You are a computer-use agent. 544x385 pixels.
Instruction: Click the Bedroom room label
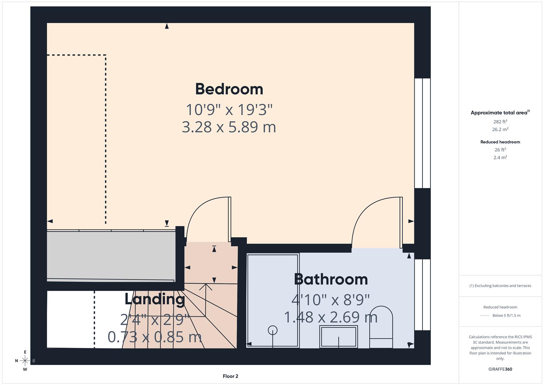(229, 89)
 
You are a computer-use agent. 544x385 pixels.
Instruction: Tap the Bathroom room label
(331, 279)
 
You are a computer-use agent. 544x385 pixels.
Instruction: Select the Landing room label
(155, 299)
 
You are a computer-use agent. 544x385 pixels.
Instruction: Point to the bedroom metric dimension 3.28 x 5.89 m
(229, 127)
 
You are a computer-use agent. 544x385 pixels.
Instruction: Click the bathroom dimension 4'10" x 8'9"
(331, 300)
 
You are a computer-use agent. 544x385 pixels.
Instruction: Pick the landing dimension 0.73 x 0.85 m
(155, 337)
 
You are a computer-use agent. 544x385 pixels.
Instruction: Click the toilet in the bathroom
(381, 327)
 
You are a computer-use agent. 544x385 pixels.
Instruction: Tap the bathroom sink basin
(338, 337)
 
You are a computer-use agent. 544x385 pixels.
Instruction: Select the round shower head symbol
(273, 330)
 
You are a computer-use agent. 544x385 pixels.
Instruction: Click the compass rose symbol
(25, 361)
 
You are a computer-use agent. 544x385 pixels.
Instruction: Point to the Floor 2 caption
(230, 376)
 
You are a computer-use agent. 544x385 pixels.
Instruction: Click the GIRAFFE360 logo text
(500, 369)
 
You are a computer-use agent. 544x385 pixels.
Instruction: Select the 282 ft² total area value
(500, 122)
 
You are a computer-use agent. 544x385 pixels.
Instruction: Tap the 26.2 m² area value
(500, 129)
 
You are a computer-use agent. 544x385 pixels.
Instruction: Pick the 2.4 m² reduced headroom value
(500, 157)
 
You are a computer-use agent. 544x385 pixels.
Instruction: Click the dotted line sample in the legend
(485, 315)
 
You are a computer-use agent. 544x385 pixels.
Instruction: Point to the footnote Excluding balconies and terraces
(500, 286)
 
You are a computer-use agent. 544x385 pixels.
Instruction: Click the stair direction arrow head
(206, 286)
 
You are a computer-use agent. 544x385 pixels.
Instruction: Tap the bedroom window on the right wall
(423, 133)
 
